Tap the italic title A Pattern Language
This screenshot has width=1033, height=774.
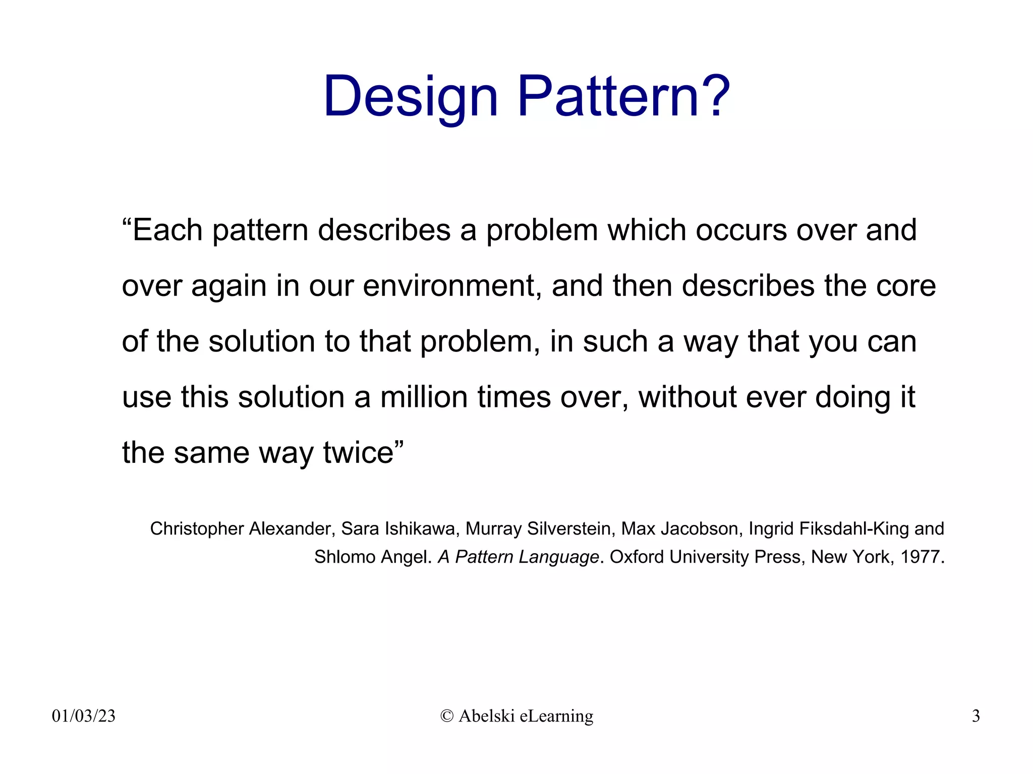click(x=518, y=557)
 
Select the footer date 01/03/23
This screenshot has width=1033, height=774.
click(x=84, y=716)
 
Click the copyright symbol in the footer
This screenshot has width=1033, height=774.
click(x=447, y=716)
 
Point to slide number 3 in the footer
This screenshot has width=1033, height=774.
click(x=975, y=716)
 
